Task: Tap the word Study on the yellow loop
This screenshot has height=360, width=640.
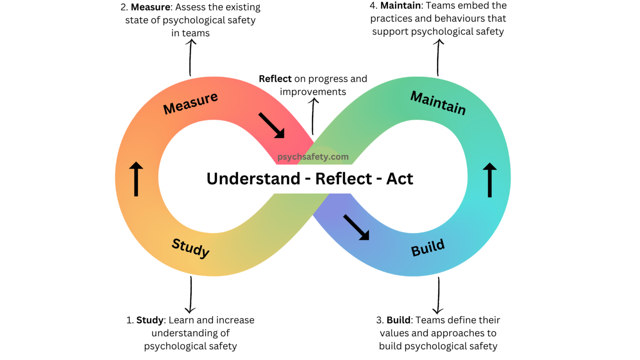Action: click(191, 248)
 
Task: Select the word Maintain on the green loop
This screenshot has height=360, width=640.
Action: click(438, 102)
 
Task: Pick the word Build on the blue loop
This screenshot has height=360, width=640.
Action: click(428, 248)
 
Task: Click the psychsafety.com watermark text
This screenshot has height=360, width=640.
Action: click(313, 157)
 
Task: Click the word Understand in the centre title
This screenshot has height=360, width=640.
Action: click(253, 179)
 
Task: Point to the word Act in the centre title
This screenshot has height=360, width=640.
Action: click(400, 179)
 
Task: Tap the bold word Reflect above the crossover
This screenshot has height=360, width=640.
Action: click(275, 79)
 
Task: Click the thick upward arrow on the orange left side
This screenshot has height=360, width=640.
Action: click(136, 179)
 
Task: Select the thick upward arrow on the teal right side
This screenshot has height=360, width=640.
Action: click(490, 180)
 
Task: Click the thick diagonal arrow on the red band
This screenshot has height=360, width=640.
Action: click(272, 125)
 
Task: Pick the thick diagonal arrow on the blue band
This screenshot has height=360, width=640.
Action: click(356, 227)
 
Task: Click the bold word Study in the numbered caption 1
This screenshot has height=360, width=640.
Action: click(150, 320)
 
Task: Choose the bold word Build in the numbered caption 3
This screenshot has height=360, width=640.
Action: click(398, 320)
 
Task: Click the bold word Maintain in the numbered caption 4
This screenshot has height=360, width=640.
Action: click(400, 5)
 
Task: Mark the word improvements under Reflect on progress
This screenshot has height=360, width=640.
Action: click(313, 92)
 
